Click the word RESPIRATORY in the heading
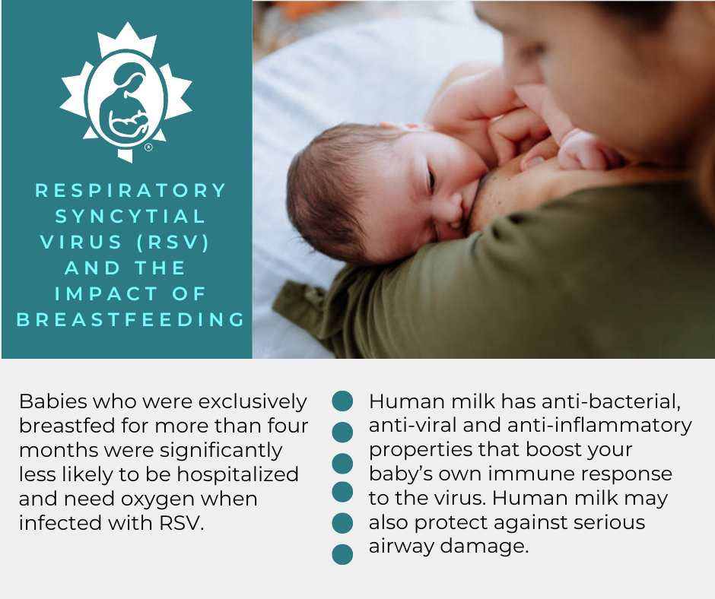[131, 190]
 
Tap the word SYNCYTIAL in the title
[131, 216]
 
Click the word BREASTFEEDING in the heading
[131, 319]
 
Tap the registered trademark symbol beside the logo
[148, 148]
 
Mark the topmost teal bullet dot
[343, 401]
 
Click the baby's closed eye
[431, 180]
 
